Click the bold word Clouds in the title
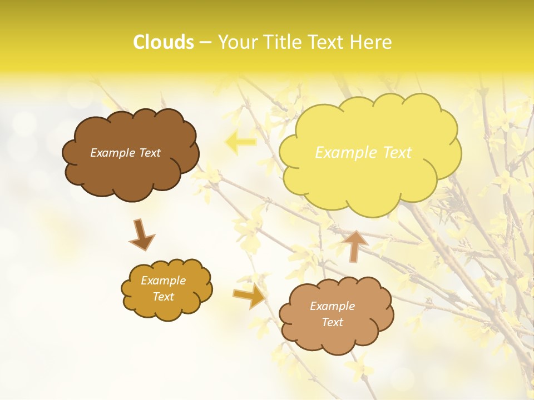click(x=164, y=42)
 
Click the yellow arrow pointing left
click(x=240, y=142)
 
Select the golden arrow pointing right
click(x=250, y=296)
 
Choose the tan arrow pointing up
click(x=354, y=245)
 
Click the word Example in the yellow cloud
click(x=347, y=153)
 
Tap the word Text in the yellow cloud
click(x=397, y=153)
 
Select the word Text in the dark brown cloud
click(x=150, y=153)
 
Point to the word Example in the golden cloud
click(x=163, y=281)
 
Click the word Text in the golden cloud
click(x=163, y=297)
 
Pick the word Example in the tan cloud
click(x=332, y=306)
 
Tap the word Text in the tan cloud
click(x=332, y=322)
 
